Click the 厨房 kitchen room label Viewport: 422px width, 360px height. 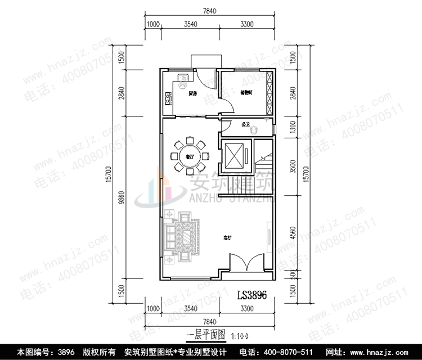pyautogui.click(x=192, y=93)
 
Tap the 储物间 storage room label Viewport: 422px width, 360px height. pyautogui.click(x=246, y=93)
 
